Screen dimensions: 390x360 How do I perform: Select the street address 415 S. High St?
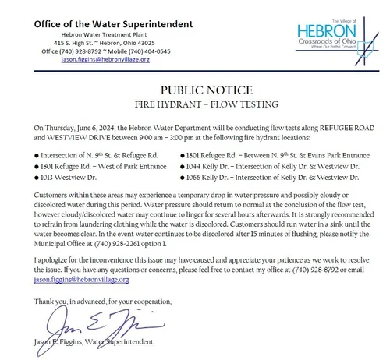[72, 42]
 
